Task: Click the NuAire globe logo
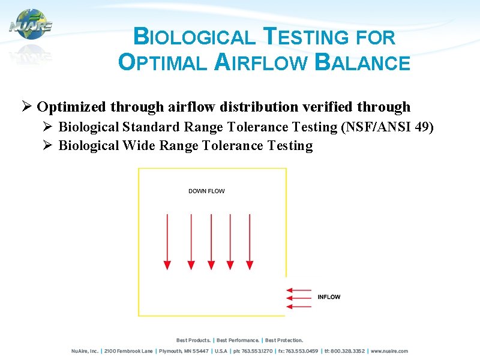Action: (x=31, y=25)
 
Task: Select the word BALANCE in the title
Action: (x=362, y=62)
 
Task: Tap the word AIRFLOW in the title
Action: (x=260, y=62)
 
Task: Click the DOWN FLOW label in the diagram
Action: (x=206, y=191)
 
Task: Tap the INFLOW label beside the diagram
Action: (x=329, y=297)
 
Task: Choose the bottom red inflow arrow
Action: (x=298, y=307)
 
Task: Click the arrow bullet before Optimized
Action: (x=26, y=107)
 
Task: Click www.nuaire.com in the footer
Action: (x=389, y=351)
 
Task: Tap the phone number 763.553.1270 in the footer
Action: (x=259, y=351)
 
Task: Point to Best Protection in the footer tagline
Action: (x=284, y=340)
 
